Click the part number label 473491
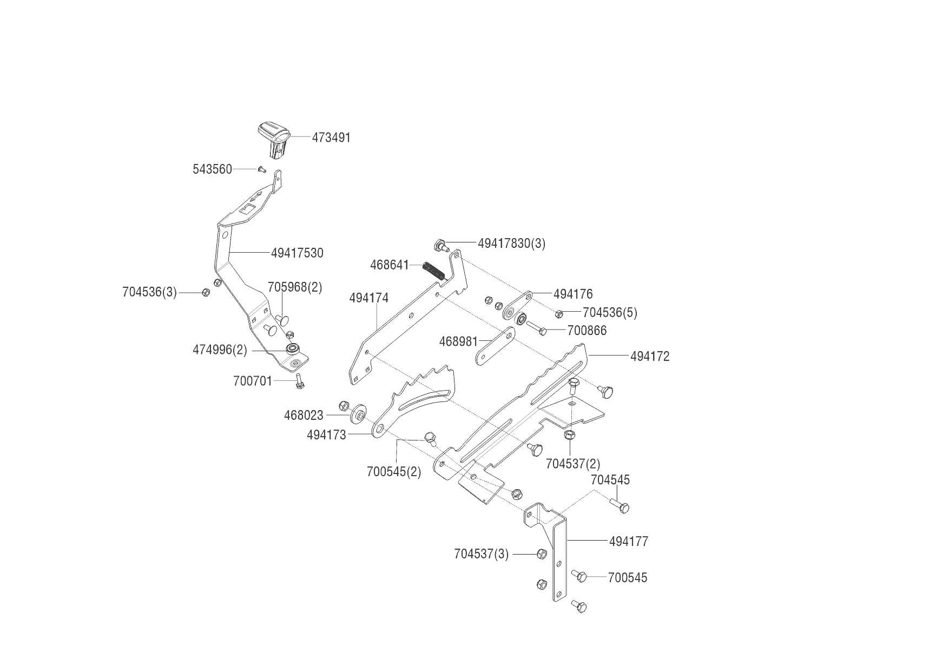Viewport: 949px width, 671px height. [331, 137]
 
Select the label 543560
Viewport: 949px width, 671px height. [212, 169]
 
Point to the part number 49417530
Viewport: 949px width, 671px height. [297, 253]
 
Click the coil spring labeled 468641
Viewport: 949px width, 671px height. [435, 270]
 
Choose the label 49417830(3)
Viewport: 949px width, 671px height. [511, 244]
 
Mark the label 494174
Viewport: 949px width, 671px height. [368, 298]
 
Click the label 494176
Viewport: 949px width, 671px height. [573, 294]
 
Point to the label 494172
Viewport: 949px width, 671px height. [650, 356]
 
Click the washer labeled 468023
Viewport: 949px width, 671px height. [358, 415]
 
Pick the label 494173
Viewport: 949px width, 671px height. [326, 435]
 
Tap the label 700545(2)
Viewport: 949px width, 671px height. [393, 471]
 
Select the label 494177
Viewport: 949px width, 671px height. [628, 541]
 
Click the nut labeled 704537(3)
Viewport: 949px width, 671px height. [542, 554]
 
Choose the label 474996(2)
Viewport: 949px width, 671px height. [220, 350]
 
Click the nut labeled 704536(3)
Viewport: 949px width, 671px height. [206, 292]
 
